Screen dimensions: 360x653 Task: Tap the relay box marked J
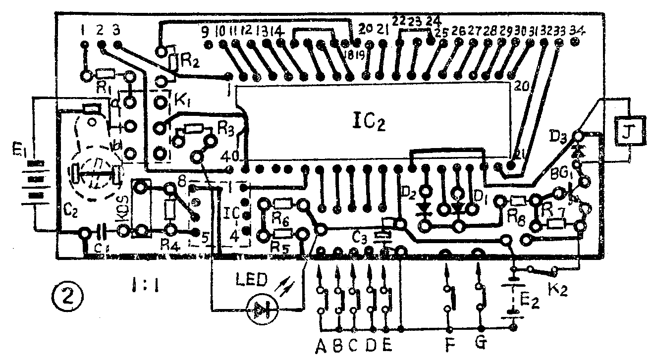coord(630,131)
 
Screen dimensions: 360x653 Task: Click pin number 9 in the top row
coord(205,32)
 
